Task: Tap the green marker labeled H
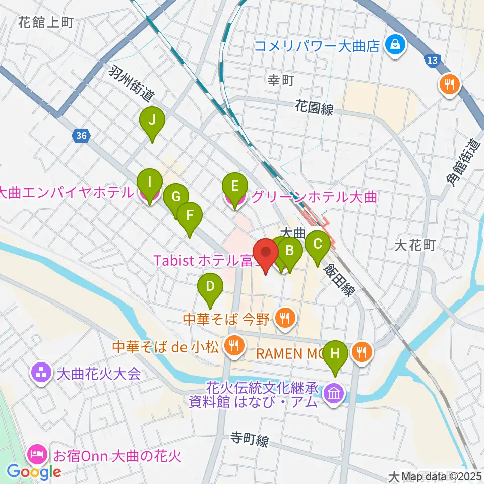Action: [336, 354]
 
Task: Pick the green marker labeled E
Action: [234, 186]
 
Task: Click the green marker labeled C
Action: [318, 244]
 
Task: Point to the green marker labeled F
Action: [190, 216]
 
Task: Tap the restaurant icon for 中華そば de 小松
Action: [234, 346]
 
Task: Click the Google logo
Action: [34, 472]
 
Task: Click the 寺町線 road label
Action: [249, 440]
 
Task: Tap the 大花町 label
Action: [414, 246]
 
